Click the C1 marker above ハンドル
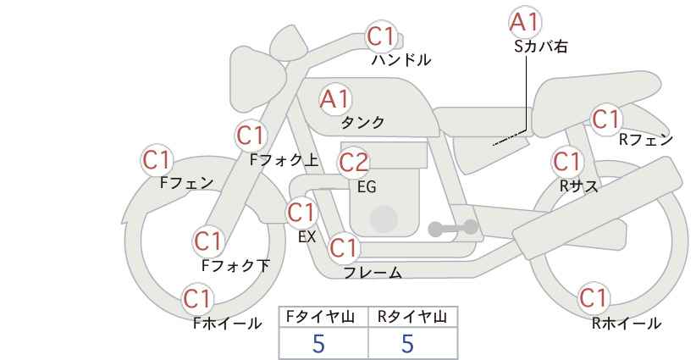pos(381,36)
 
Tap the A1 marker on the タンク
pos(335,99)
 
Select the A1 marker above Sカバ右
pos(525,22)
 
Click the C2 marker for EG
pos(354,163)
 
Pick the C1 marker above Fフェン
pos(157,160)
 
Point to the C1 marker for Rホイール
pos(594,298)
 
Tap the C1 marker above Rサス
pos(566,161)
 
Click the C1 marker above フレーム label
pos(344,247)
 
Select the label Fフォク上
pos(284,160)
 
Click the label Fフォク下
pos(235,265)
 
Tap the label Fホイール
pos(227,324)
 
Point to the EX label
pos(307,237)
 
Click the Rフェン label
pos(646,140)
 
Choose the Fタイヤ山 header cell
pos(323,318)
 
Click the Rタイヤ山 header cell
pos(413,318)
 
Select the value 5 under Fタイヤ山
pos(318,344)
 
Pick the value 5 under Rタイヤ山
pos(407,344)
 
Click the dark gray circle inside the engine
pos(384,219)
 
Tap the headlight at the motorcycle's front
pos(257,80)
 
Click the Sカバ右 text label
pos(541,47)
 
